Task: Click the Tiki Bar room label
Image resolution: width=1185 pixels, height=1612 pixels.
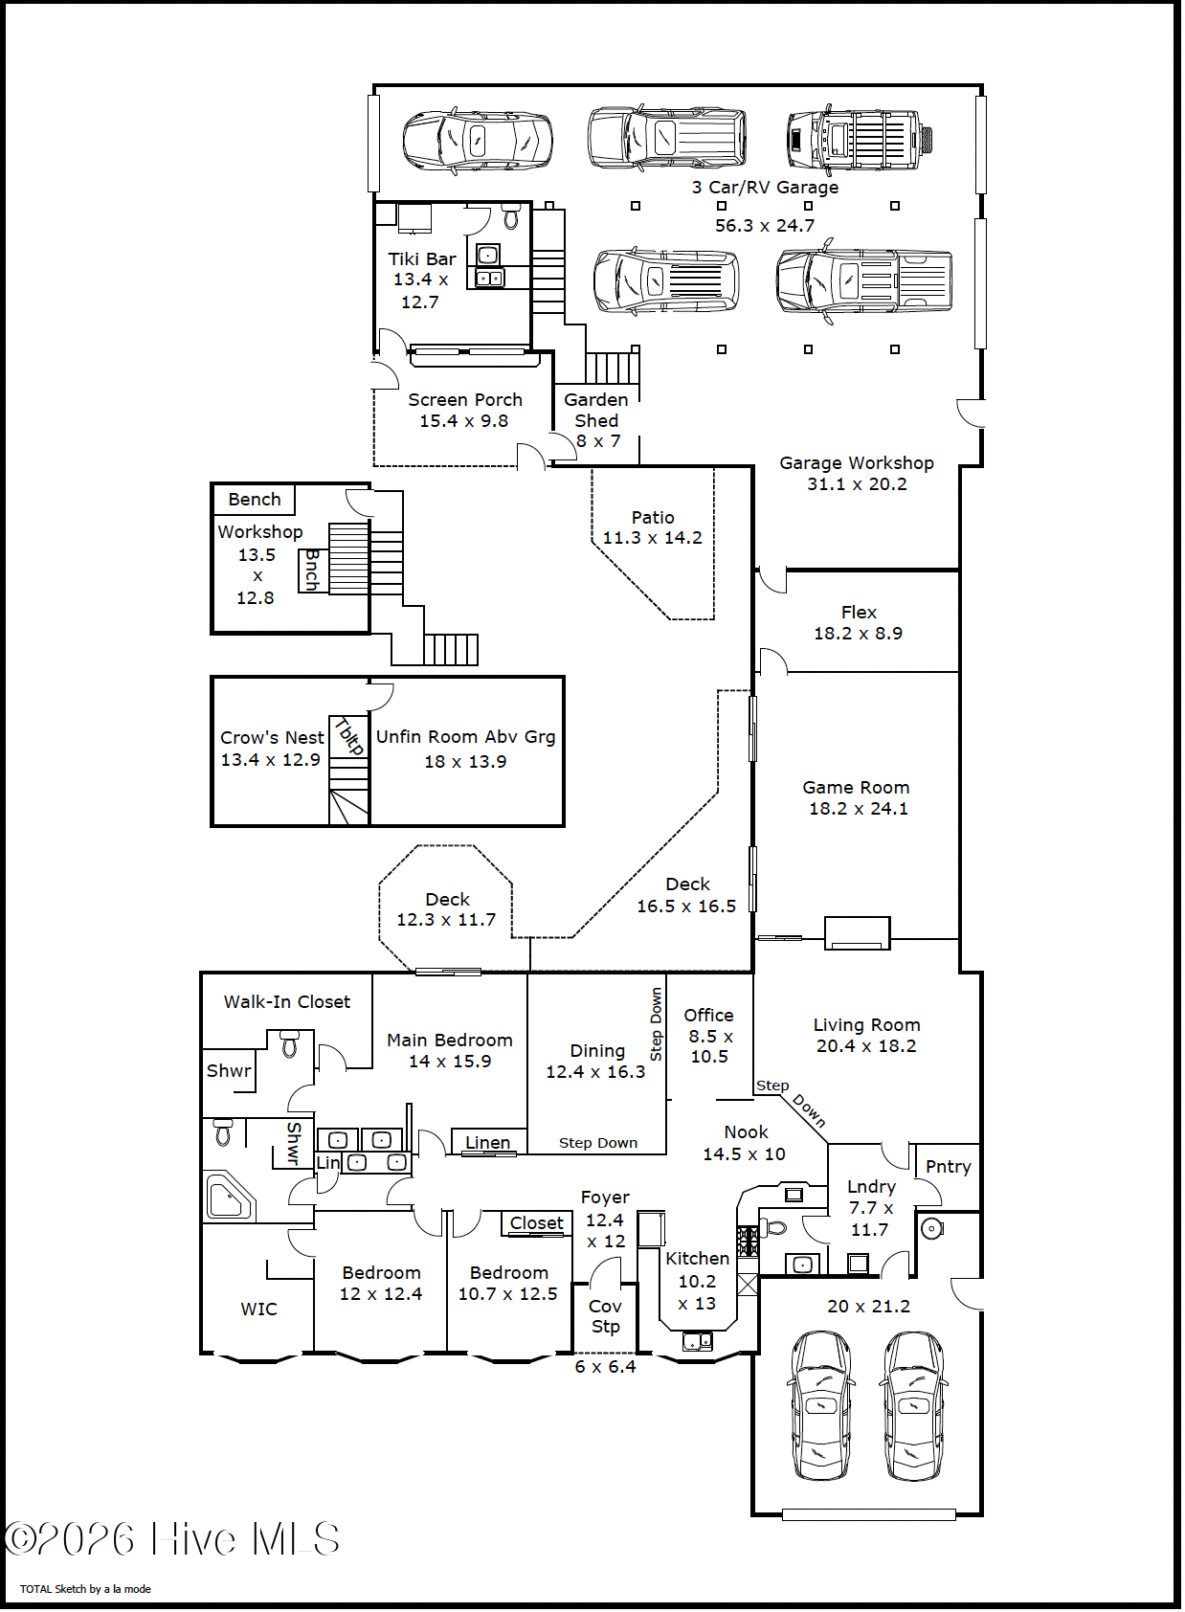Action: pyautogui.click(x=422, y=259)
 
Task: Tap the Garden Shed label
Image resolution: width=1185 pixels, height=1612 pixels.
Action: pyautogui.click(x=595, y=411)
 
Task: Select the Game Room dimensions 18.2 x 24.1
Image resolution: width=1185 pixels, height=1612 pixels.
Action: pyautogui.click(x=859, y=809)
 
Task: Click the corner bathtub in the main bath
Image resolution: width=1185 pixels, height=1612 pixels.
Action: pyautogui.click(x=230, y=1196)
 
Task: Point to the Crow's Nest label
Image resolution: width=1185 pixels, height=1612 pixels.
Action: pyautogui.click(x=272, y=738)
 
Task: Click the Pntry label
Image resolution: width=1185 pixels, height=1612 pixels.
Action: pyautogui.click(x=949, y=1167)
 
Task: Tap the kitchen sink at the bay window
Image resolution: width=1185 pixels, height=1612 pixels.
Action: pyautogui.click(x=697, y=1341)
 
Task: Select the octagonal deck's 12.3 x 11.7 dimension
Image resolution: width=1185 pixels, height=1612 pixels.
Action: pyautogui.click(x=446, y=920)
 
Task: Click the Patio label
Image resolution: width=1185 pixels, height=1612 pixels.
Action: pyautogui.click(x=653, y=518)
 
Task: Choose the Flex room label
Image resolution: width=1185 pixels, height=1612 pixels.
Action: pyautogui.click(x=859, y=613)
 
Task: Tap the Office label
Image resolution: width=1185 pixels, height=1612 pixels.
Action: pyautogui.click(x=708, y=1016)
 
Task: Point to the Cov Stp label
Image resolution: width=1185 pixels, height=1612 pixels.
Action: pyautogui.click(x=605, y=1316)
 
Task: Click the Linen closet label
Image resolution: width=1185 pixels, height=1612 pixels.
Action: pyautogui.click(x=488, y=1142)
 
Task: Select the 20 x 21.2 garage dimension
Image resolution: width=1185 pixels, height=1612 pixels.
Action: pyautogui.click(x=868, y=1306)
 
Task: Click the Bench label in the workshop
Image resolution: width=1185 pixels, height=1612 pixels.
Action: pyautogui.click(x=255, y=500)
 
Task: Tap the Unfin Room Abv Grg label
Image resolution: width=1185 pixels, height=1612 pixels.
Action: pyautogui.click(x=465, y=737)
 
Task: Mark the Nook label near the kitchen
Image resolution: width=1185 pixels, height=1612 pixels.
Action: pyautogui.click(x=746, y=1132)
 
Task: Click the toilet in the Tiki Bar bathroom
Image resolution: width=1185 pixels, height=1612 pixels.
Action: pyautogui.click(x=511, y=215)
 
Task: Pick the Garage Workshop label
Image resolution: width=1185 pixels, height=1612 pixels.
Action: pyautogui.click(x=856, y=462)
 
